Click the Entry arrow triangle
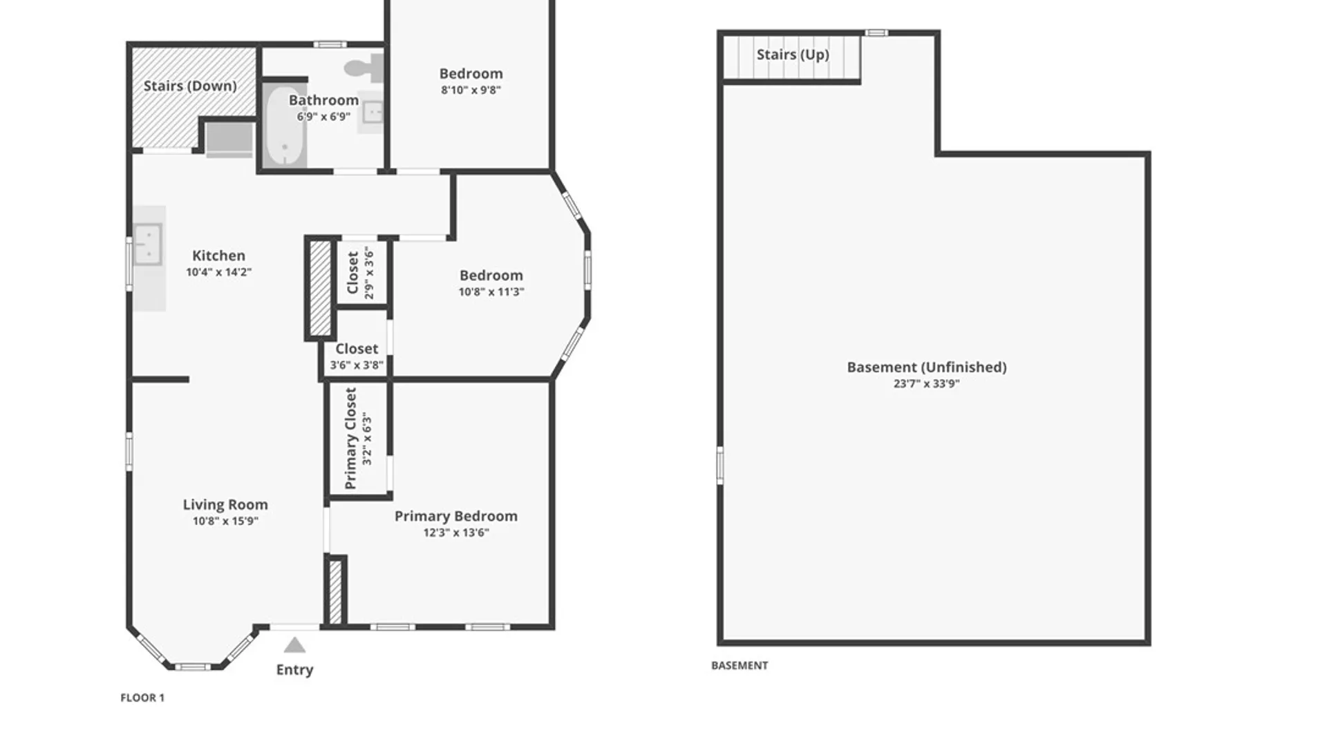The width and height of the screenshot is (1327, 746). point(294,645)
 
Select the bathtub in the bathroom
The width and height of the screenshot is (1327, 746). point(284,127)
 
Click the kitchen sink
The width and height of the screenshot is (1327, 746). point(148,244)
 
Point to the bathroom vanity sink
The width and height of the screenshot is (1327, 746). point(373,112)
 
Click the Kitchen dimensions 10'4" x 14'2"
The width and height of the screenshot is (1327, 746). point(218,272)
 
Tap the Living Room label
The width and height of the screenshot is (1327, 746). point(225,504)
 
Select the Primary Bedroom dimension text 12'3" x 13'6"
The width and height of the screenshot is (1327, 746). point(456,533)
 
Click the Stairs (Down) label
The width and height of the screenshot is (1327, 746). point(190,86)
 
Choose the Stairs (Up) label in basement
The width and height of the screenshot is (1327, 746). point(793,55)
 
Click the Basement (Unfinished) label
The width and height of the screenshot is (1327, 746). point(927,367)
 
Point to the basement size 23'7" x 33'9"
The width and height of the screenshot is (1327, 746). point(927,384)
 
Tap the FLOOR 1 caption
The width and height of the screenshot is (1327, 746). point(142,698)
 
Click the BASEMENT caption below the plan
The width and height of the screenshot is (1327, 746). point(740,665)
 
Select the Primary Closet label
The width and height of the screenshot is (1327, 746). point(350,438)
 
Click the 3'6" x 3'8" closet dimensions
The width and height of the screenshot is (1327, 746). point(357,365)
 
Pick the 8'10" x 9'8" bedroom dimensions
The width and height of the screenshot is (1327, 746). point(471,90)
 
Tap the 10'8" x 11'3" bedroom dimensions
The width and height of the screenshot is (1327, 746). point(491,292)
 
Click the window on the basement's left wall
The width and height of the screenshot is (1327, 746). point(719,464)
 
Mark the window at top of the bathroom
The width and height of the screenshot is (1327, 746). point(330,45)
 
